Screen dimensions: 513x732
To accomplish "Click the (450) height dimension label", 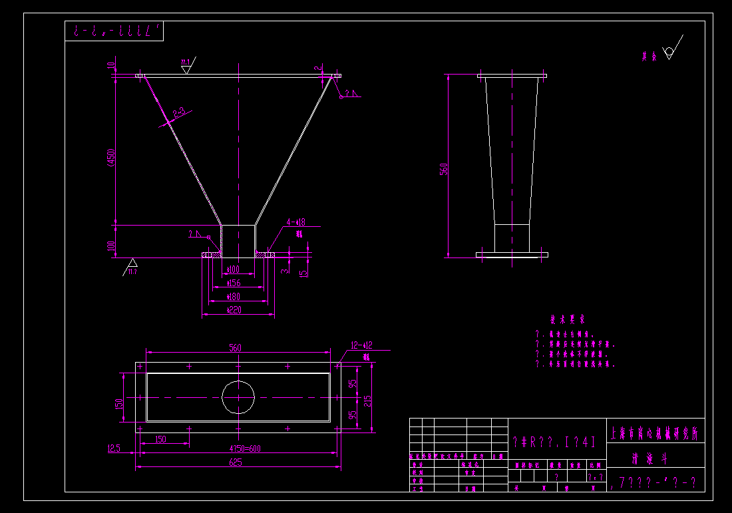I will tap(111, 158).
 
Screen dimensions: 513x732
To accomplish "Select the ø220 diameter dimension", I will tap(233, 309).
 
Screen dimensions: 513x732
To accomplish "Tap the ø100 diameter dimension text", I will tap(233, 269).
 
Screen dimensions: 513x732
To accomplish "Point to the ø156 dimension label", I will tap(233, 283).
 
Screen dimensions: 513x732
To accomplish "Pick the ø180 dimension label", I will tap(233, 296).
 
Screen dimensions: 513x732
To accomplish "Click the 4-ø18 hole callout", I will tap(295, 222).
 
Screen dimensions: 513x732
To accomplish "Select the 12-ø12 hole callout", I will tap(361, 345).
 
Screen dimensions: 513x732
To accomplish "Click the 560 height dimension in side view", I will tap(444, 168).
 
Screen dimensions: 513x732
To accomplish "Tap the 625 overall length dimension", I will tap(235, 462).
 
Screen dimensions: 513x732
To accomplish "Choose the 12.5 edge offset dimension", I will tap(114, 448).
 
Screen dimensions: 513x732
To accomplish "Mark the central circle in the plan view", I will tap(238, 397).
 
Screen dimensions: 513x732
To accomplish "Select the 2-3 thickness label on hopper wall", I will tap(178, 113).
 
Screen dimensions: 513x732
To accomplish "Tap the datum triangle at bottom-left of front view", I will tap(132, 263).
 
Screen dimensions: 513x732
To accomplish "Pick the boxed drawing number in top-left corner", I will tap(114, 31).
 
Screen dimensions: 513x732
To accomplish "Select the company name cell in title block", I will tap(655, 433).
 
